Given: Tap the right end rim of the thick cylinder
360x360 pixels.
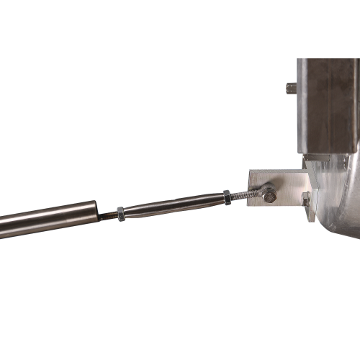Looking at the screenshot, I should [96, 210].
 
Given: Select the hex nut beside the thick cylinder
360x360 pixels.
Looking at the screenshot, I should [120, 213].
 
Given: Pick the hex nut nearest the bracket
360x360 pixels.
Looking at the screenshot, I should [227, 196].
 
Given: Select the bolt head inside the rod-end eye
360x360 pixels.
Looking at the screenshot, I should [269, 194].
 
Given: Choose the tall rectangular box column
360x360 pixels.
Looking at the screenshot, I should [328, 108].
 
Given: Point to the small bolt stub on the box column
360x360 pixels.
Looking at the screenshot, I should [291, 88].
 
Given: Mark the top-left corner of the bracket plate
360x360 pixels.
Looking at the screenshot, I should [249, 171].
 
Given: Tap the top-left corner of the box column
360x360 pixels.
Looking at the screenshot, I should [297, 59].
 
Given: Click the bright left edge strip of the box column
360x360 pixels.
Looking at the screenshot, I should [300, 108].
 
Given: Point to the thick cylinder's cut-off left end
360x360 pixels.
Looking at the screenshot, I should [2, 225].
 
